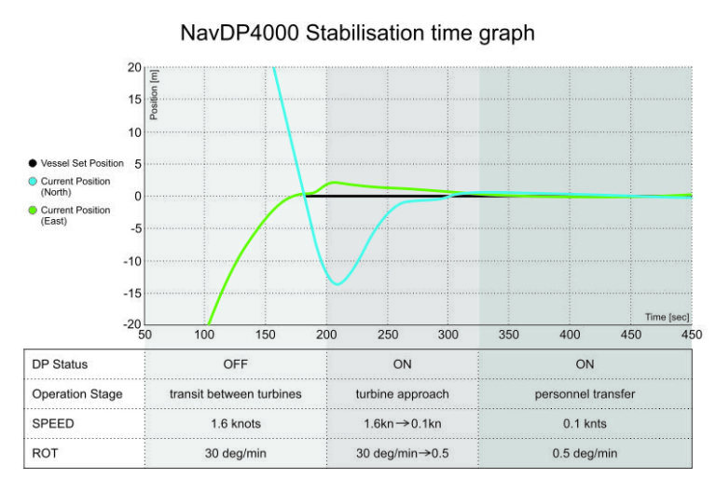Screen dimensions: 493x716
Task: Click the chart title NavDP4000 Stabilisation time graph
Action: point(358,34)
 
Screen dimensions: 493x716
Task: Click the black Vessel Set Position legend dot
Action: point(33,163)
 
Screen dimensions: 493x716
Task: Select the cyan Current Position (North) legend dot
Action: point(33,179)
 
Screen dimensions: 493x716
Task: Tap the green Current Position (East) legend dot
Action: point(33,211)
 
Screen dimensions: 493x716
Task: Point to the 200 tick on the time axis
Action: point(326,335)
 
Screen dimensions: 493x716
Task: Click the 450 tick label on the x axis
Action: point(691,335)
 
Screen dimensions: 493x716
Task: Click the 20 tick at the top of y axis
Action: point(134,68)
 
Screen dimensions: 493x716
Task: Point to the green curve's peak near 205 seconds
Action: point(334,182)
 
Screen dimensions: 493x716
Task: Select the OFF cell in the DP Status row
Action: point(235,364)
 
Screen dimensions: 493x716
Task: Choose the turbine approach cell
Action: point(403,394)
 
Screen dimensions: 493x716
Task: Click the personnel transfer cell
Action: point(585,394)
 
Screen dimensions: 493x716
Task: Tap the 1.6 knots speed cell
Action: point(235,424)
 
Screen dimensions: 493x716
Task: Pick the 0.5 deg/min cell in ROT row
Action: point(585,454)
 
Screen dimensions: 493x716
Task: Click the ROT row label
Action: point(44,454)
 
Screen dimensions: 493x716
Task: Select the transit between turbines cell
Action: point(235,394)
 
